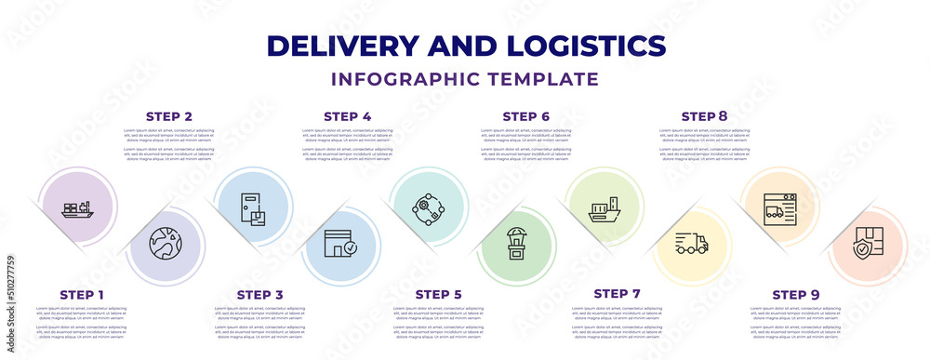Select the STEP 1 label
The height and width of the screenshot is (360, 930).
pyautogui.click(x=82, y=295)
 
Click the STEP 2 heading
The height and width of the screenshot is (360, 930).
pyautogui.click(x=169, y=116)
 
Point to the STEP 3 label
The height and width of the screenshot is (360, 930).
pyautogui.click(x=260, y=295)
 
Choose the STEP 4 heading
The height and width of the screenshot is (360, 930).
pyautogui.click(x=348, y=116)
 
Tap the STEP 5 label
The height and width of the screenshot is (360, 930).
pyautogui.click(x=438, y=295)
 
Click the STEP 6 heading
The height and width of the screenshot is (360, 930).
pyautogui.click(x=526, y=116)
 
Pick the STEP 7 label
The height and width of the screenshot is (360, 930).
pyautogui.click(x=617, y=295)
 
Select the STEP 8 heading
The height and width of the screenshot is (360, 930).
pyautogui.click(x=705, y=116)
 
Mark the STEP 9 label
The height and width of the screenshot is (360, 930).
pyautogui.click(x=796, y=295)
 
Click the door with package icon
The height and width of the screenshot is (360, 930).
pyautogui.click(x=254, y=207)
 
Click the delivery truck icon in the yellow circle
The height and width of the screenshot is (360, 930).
pyautogui.click(x=693, y=244)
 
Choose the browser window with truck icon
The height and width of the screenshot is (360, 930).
pyautogui.click(x=778, y=207)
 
